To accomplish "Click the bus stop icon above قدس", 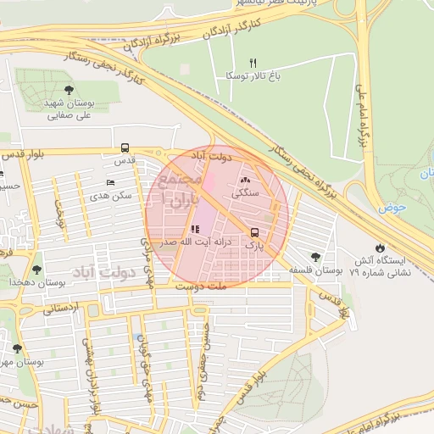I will (x=125, y=147).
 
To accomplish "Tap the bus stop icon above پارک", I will (x=254, y=233).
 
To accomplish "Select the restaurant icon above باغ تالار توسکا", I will (x=252, y=64).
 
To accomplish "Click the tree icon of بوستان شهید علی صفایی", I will (x=69, y=90).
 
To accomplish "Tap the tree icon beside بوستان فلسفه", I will (x=316, y=256).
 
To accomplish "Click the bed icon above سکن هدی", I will (x=110, y=183).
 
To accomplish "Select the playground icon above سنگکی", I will (x=246, y=180).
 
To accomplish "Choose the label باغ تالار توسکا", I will (x=252, y=76).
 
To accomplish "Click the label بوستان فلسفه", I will (x=315, y=270).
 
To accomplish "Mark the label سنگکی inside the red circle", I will (x=247, y=193).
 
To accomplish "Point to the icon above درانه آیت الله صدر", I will (x=196, y=229).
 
